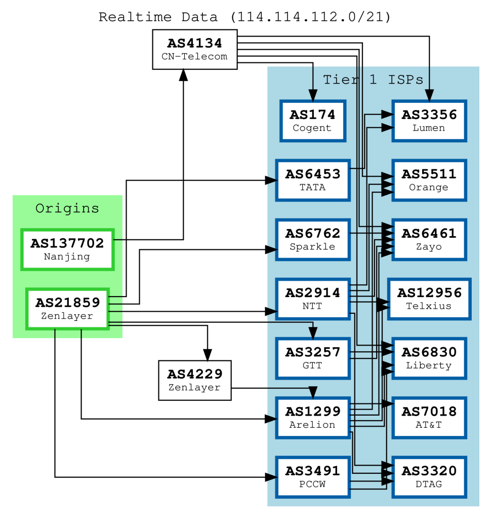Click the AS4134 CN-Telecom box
[x=194, y=49]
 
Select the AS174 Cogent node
[x=312, y=121]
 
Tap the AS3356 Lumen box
[x=429, y=121]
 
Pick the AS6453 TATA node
[x=312, y=180]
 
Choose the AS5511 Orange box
[x=429, y=180]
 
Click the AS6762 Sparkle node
[x=312, y=240]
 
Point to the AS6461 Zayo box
[x=429, y=240]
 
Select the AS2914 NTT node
[x=312, y=299]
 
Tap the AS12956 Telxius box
[x=429, y=299]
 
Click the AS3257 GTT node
[x=312, y=358]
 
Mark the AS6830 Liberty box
[x=429, y=358]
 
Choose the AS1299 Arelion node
[x=312, y=418]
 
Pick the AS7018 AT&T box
[x=429, y=418]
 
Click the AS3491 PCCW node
[x=312, y=477]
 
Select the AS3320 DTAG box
[x=429, y=477]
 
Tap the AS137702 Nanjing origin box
[x=67, y=249]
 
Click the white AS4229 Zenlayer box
[x=194, y=380]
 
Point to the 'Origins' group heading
[x=67, y=208]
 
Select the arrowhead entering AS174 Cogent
[x=312, y=96]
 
